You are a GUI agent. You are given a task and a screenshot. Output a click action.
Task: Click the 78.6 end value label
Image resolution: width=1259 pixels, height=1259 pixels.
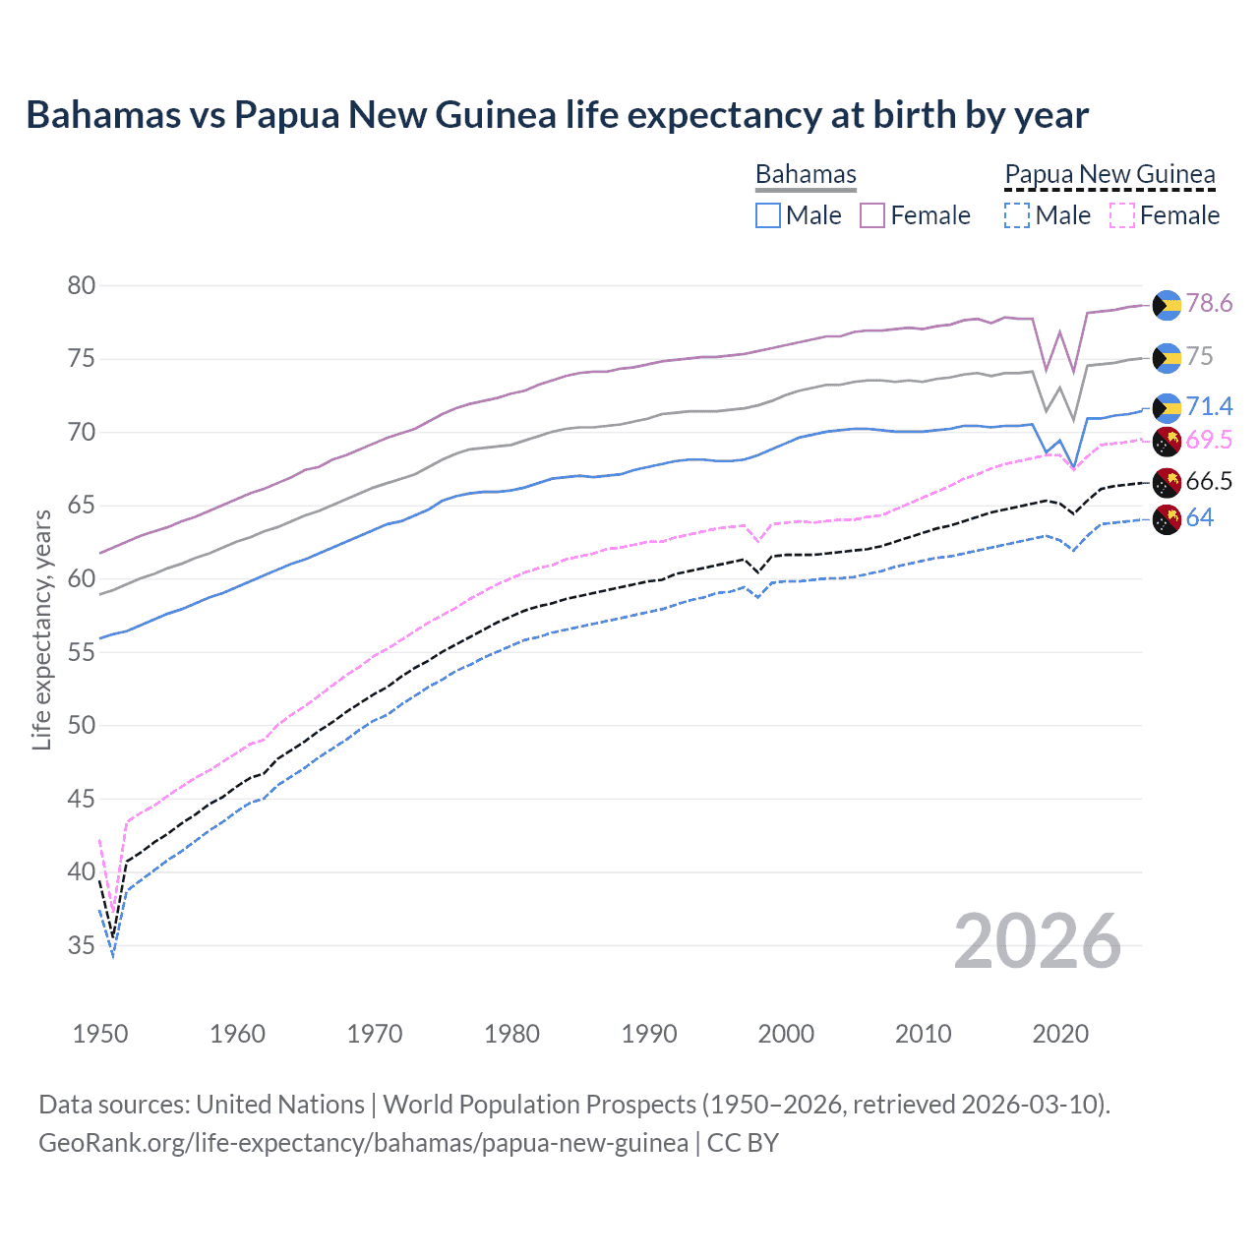click(1209, 303)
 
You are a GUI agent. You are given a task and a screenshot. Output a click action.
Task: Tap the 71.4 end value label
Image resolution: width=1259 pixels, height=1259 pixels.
click(1209, 406)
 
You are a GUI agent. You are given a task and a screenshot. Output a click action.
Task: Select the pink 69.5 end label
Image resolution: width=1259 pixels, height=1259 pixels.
click(1209, 440)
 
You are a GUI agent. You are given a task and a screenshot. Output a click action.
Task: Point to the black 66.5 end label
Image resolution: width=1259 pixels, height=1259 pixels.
click(1209, 481)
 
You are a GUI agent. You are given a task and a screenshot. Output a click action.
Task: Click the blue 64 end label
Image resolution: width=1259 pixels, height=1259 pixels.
click(1200, 517)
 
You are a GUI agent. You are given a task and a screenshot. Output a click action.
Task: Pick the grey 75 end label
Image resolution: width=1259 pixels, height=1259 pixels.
click(1200, 356)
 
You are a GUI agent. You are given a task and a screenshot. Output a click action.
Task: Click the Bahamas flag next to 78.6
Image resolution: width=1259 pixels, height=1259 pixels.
click(1167, 305)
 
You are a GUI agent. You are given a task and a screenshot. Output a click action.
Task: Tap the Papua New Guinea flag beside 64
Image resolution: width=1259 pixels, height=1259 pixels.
click(1167, 519)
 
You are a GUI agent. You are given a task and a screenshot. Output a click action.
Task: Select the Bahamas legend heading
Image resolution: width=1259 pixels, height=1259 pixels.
click(806, 174)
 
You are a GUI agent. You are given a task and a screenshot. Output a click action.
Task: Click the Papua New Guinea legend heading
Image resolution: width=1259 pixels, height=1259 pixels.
click(1109, 174)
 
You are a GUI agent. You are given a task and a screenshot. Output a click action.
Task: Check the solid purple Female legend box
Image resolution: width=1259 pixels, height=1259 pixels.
click(872, 215)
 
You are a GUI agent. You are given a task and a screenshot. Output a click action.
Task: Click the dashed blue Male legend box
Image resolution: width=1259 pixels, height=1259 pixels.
click(1017, 215)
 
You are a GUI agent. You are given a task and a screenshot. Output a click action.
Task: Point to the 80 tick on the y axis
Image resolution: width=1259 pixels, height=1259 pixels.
click(82, 285)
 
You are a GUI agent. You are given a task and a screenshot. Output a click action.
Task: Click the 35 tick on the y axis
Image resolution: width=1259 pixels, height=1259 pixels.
click(82, 945)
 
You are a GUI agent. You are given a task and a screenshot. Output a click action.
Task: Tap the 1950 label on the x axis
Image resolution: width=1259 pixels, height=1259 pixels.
click(100, 1034)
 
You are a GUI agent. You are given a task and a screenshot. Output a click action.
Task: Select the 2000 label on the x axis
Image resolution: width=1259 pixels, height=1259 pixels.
click(786, 1034)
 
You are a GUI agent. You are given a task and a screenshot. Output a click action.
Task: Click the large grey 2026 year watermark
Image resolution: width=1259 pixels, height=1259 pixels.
click(1038, 941)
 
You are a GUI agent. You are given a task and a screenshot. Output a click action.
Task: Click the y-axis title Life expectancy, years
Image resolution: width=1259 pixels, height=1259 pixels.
click(41, 629)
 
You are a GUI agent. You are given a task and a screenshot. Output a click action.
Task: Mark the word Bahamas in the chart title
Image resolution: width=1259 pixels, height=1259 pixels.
click(103, 115)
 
